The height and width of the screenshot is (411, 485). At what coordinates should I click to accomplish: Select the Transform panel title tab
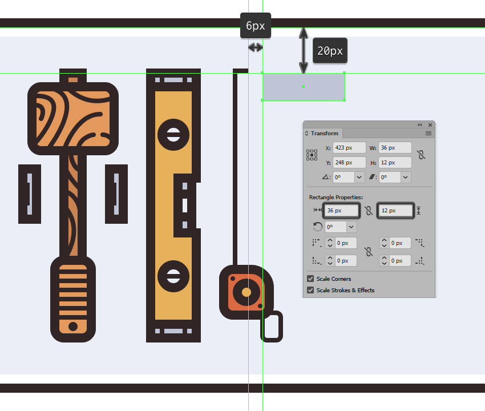(324, 134)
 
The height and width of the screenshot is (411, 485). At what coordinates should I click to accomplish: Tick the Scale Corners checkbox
(310, 279)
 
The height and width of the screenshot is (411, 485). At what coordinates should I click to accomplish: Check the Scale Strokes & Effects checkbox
(310, 291)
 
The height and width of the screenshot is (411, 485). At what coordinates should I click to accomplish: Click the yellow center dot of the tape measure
(246, 292)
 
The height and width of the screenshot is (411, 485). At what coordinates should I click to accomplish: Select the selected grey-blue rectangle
(304, 86)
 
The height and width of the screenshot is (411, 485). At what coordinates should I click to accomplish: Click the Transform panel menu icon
(429, 134)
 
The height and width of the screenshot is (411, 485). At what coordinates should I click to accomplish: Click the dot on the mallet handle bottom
(72, 327)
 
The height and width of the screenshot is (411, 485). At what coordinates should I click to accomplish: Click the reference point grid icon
(312, 155)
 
